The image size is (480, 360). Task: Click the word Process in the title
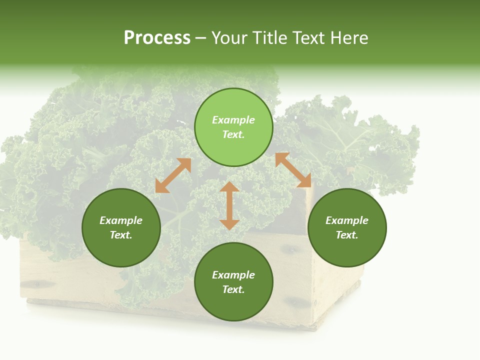[x=157, y=38]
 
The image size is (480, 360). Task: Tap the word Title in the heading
[x=272, y=38]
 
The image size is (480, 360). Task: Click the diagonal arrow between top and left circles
[x=173, y=175]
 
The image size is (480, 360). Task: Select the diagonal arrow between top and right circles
[x=293, y=170]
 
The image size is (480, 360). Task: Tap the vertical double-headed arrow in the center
[x=229, y=205]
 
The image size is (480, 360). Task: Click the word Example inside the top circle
[x=233, y=120]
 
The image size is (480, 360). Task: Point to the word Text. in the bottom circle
[x=233, y=289]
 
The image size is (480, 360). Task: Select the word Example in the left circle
[x=121, y=220]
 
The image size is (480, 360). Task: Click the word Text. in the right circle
[x=347, y=235]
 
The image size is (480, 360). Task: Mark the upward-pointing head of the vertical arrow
[x=229, y=187]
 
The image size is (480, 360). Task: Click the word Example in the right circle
[x=347, y=220]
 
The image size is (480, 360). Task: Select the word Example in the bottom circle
[x=233, y=275]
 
